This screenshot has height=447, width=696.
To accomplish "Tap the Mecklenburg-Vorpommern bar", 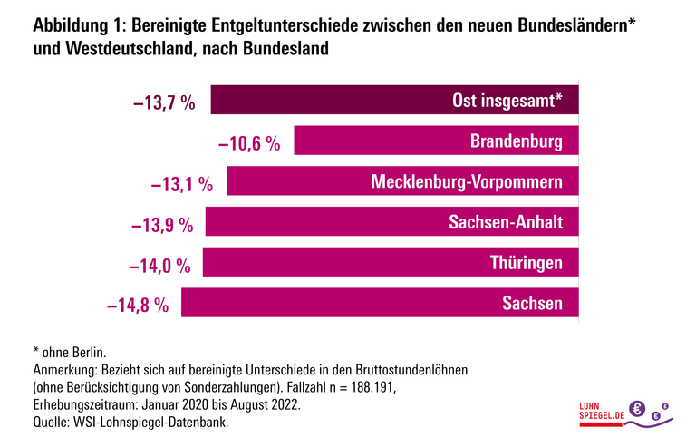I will coord(299,181).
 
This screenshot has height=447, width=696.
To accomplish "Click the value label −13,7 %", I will coord(164,102).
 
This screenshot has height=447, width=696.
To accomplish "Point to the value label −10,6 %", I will coord(248,143).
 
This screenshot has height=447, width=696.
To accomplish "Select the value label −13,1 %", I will coord(181,184).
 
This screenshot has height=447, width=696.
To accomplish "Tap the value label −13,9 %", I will coord(162,224).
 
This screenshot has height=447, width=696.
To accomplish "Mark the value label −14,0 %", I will coord(159,265).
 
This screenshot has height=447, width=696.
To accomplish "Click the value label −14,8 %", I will coord(138,305).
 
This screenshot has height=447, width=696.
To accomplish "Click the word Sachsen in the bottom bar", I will coord(533,303).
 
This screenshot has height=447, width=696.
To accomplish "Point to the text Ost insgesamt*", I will coord(507,101).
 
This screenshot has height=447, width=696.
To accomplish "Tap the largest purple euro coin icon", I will coord(637,409).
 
